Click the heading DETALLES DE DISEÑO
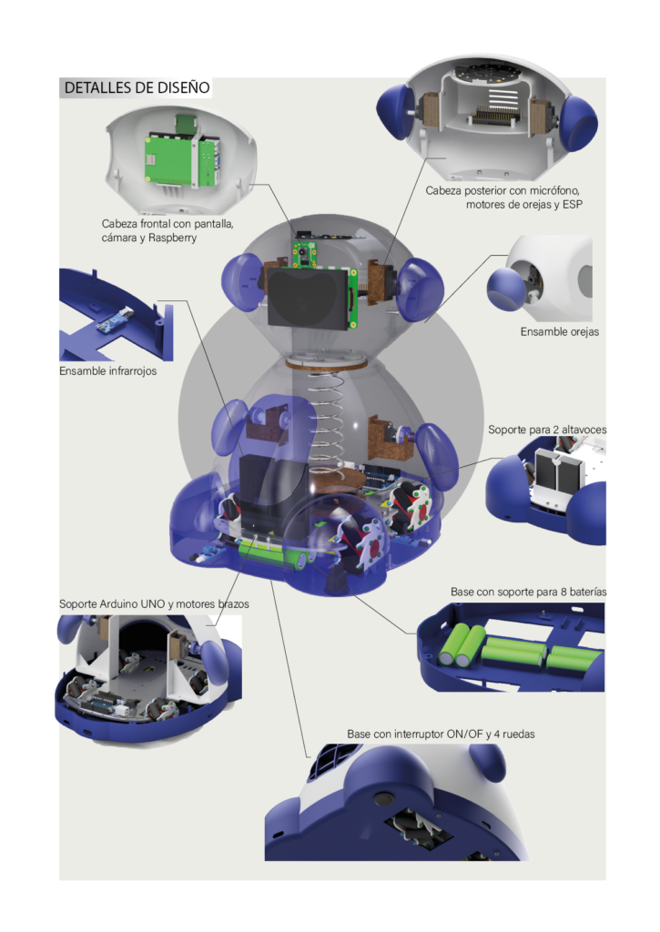(x=137, y=87)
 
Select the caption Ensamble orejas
(x=560, y=331)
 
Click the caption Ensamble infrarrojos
(x=107, y=371)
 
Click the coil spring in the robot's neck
(x=326, y=419)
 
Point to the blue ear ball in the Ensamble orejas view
(x=505, y=289)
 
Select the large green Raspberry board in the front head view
(x=170, y=158)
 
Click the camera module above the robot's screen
(x=304, y=253)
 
